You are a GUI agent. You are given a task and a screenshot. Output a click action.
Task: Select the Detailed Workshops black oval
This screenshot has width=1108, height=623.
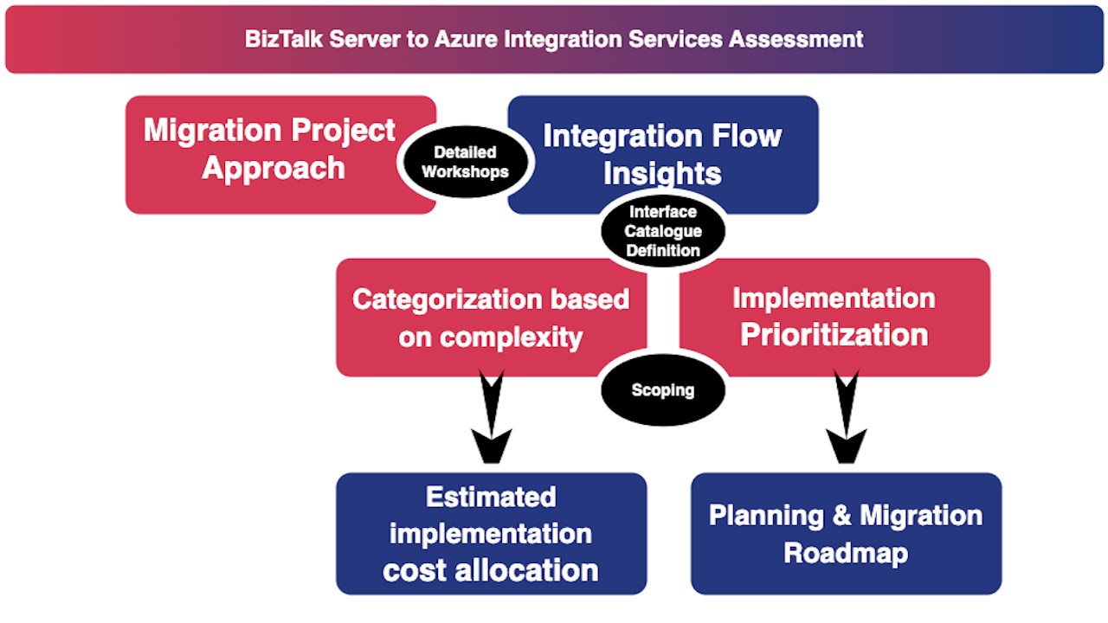[x=466, y=162]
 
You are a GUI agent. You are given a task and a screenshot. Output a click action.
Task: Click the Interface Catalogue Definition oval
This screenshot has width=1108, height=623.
[x=663, y=231]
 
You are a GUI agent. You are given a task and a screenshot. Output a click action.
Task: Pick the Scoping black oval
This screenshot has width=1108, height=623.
[x=663, y=390]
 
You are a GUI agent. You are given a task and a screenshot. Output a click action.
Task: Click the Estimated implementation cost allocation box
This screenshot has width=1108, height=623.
[x=491, y=533]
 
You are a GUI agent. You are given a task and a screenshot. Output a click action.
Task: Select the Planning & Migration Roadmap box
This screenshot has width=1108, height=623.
[x=846, y=533]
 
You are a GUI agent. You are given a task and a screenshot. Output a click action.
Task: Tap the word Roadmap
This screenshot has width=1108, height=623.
[x=846, y=552]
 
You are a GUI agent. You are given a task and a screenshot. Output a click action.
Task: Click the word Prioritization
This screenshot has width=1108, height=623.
[x=834, y=335]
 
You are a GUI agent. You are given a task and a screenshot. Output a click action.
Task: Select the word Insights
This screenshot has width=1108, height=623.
[x=662, y=173]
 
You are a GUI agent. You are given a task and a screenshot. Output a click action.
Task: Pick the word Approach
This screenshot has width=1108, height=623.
[x=274, y=167]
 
